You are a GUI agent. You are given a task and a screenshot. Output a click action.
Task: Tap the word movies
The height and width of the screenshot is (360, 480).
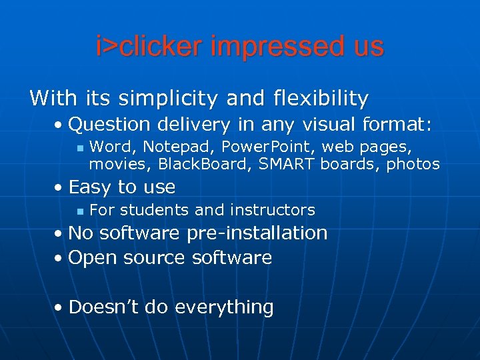tap(119, 163)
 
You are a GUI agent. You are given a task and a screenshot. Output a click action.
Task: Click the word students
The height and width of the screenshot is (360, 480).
tap(155, 210)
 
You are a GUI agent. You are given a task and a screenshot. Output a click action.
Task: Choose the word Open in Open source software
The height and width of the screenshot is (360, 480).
tap(93, 257)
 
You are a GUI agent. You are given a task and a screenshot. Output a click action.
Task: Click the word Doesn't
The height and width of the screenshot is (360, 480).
tap(104, 307)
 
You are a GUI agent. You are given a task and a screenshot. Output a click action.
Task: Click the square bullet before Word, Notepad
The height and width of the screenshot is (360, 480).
tap(78, 147)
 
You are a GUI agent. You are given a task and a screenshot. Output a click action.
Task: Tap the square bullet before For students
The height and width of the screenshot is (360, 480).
tap(78, 211)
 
